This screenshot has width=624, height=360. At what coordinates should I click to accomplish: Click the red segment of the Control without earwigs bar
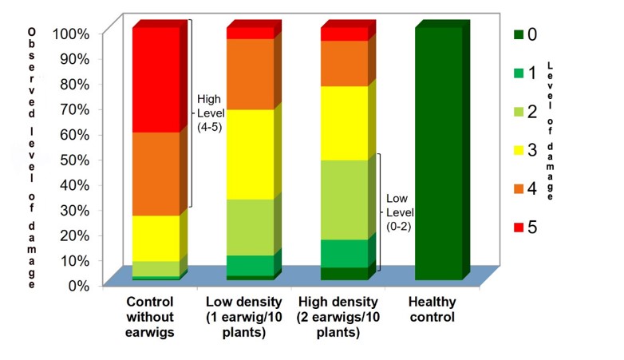tap(156, 80)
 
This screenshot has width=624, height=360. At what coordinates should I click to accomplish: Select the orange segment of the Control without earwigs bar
tap(156, 173)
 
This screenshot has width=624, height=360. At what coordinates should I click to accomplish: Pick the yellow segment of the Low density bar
tap(250, 154)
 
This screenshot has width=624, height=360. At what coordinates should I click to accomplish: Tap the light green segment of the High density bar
tap(344, 200)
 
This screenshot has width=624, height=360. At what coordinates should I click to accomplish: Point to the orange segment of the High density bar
tap(344, 63)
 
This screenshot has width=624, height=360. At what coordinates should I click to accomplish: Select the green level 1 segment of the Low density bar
tap(250, 265)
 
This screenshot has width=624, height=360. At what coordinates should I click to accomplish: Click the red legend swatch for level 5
tap(519, 227)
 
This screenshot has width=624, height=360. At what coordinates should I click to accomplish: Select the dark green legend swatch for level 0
tap(519, 34)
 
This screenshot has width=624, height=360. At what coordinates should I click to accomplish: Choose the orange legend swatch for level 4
tap(519, 189)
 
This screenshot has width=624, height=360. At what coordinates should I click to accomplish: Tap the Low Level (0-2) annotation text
tap(399, 212)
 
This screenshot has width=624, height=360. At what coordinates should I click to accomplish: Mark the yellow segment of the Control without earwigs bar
tap(156, 238)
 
